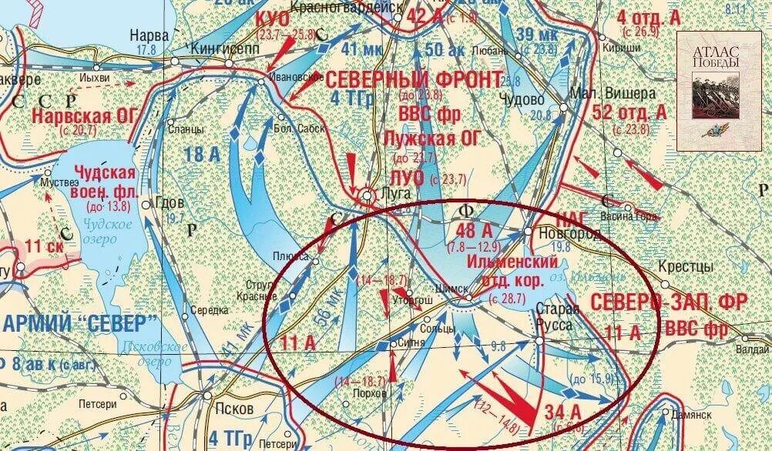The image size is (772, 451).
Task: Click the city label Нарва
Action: pos(144,35)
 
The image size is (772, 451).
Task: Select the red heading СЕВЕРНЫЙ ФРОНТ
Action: pos(415,79)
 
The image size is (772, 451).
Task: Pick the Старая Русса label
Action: pos(555,317)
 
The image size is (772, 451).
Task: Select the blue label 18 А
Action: pos(201,155)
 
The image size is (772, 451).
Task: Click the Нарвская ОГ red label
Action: pos(84,116)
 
